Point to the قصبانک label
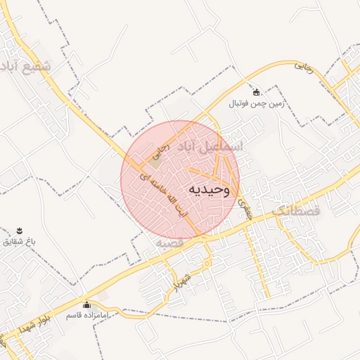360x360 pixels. [295, 210]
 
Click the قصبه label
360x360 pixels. [169, 243]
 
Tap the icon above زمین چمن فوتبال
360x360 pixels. [256, 92]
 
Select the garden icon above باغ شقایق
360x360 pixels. [20, 231]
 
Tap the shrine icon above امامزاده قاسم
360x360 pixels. [86, 305]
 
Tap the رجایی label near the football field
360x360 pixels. [302, 67]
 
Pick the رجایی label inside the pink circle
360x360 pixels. [163, 146]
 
